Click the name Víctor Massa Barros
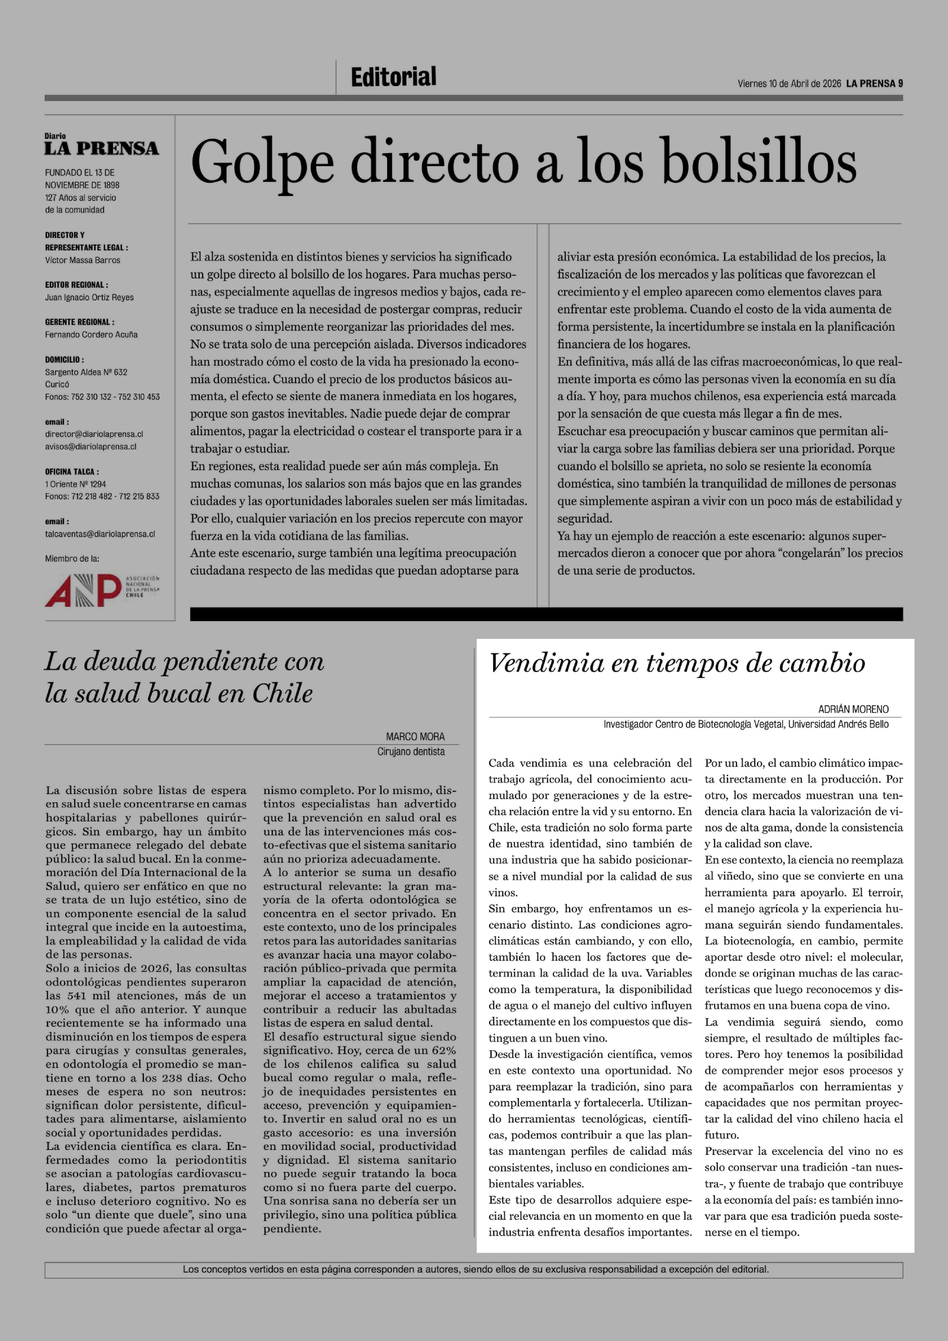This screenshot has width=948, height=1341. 82,261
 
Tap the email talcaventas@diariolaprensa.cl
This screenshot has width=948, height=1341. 100,534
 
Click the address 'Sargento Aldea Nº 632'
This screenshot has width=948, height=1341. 86,372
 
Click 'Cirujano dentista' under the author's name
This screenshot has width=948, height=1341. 410,752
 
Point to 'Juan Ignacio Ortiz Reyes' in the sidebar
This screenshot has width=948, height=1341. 89,297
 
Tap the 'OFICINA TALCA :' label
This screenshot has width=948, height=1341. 72,471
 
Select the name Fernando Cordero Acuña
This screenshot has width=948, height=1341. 91,335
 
